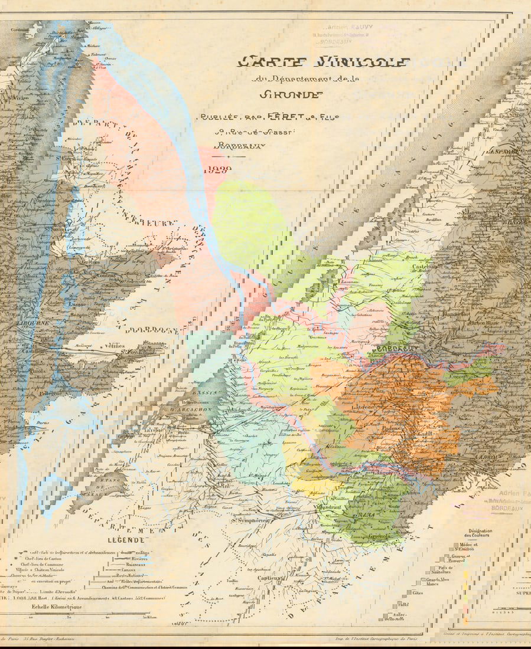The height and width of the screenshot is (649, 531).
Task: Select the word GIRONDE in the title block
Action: coord(290,94)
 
